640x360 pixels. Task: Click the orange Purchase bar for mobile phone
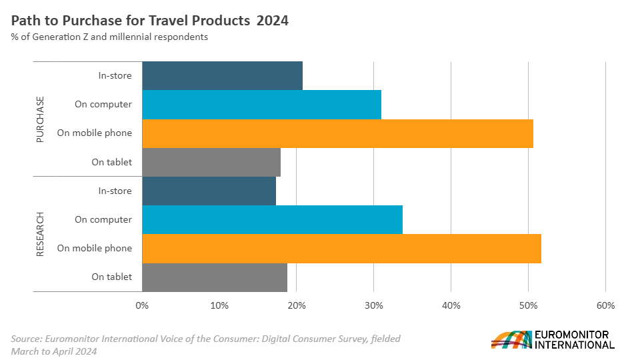click(x=337, y=133)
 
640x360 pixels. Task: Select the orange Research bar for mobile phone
click(x=341, y=249)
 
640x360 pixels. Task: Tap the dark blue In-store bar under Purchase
click(x=222, y=75)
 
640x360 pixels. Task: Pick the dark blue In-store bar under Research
click(x=209, y=191)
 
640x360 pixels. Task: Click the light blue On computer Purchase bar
click(x=261, y=105)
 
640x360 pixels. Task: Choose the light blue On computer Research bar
click(x=272, y=220)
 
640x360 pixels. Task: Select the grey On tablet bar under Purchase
click(x=211, y=162)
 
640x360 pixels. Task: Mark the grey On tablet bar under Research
click(x=215, y=277)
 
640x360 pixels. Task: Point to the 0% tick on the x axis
click(x=142, y=305)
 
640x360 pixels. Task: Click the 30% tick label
click(x=373, y=305)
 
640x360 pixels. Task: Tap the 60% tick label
click(x=605, y=305)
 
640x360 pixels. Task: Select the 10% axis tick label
click(x=219, y=305)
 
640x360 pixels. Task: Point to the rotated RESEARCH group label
click(x=40, y=234)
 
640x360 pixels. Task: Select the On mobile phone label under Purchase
click(x=95, y=133)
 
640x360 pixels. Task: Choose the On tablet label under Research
click(x=112, y=277)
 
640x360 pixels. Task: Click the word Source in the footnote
click(x=27, y=339)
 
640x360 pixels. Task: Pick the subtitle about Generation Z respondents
click(x=109, y=37)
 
